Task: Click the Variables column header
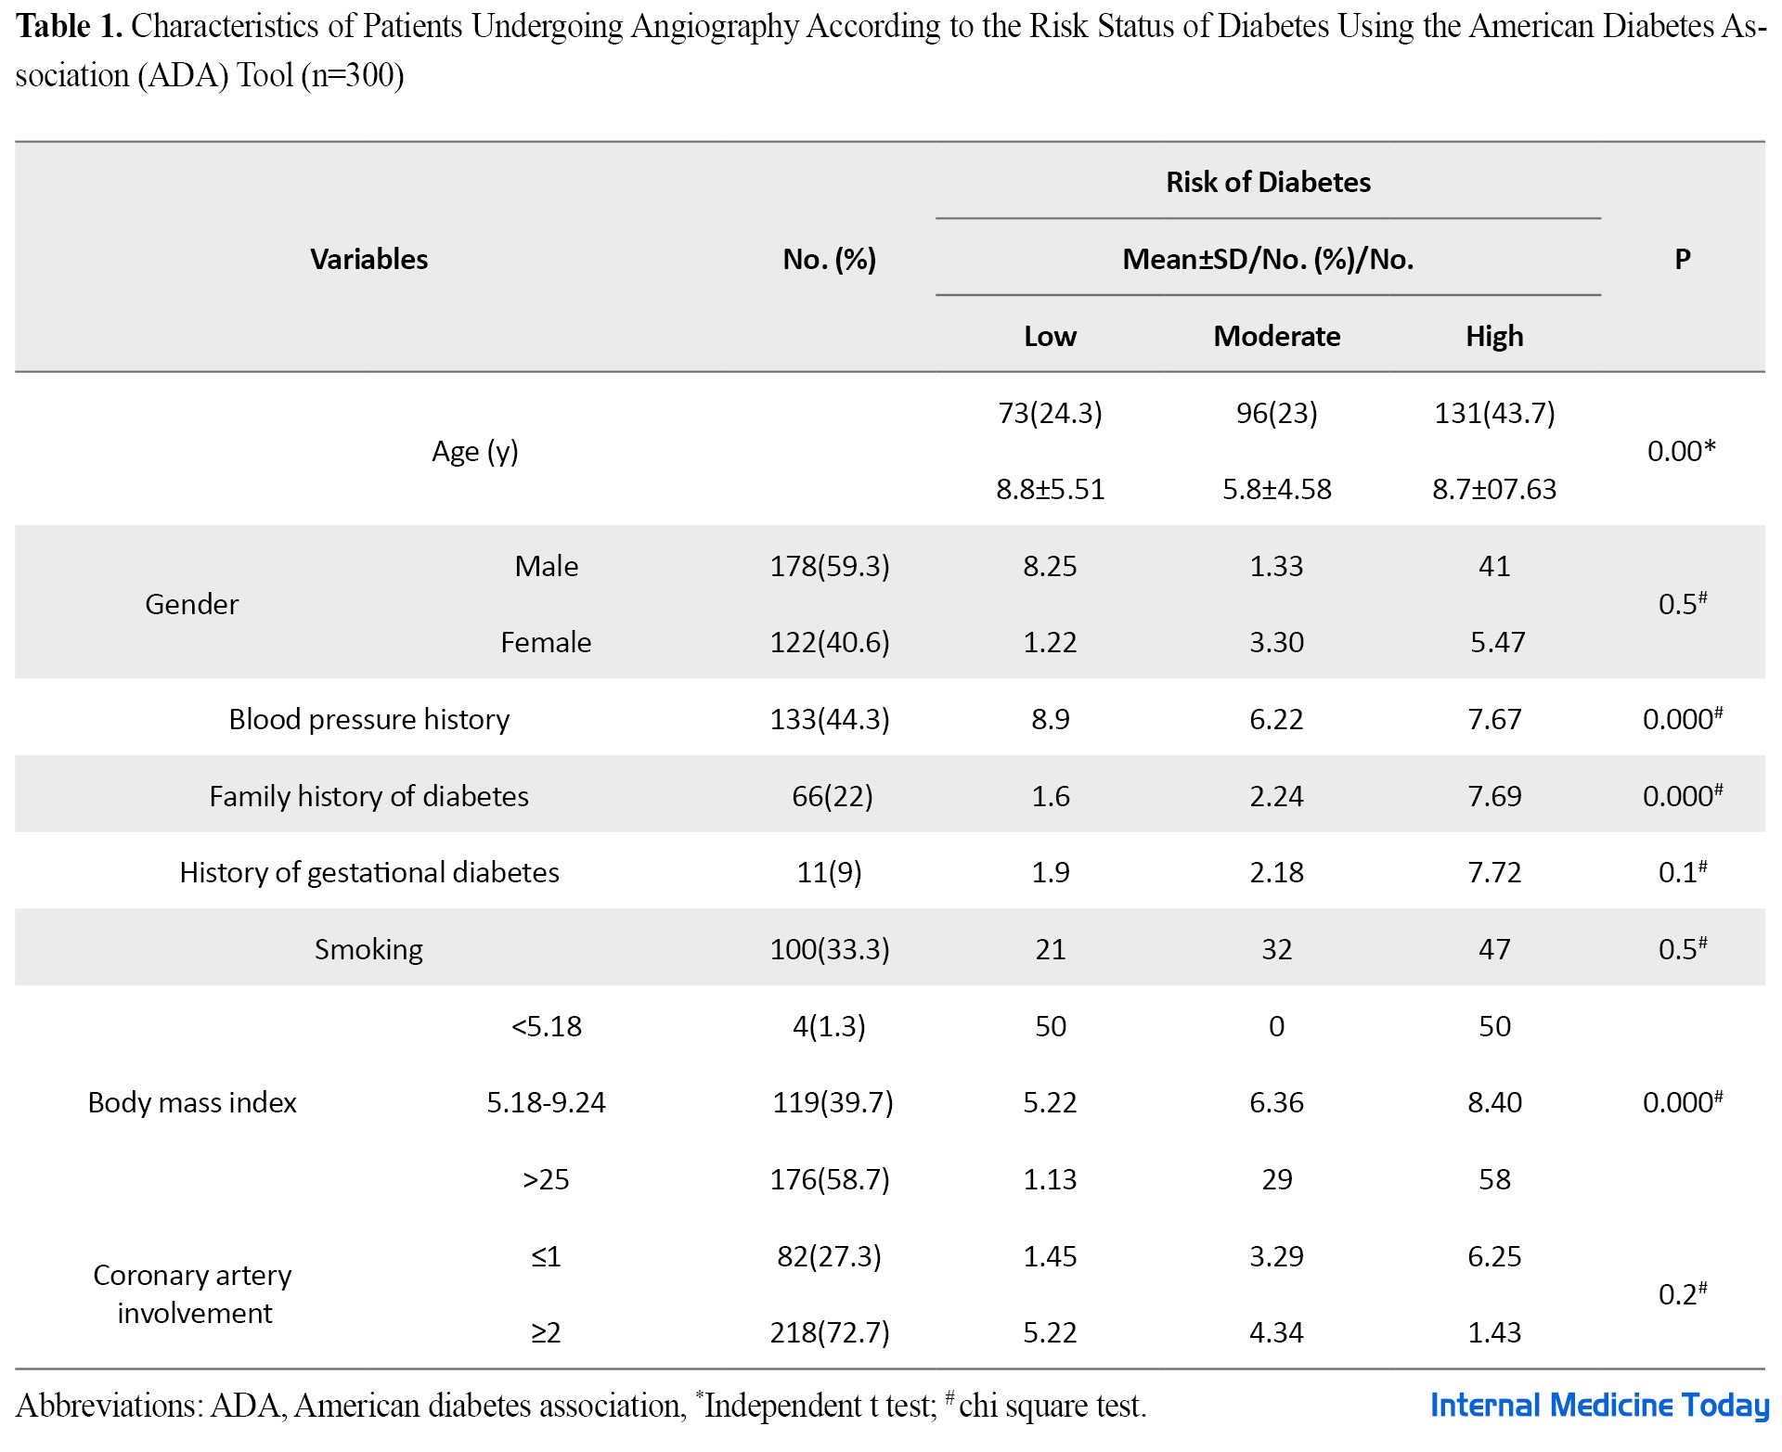point(368,259)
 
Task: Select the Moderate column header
point(1277,336)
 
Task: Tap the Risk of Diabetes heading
point(1268,182)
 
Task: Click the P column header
point(1682,259)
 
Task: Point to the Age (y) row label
point(475,452)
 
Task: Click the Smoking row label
point(368,949)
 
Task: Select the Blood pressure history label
point(369,719)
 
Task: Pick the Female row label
point(546,642)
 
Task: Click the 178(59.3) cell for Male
point(830,566)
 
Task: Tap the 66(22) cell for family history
point(833,796)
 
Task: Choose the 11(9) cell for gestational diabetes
point(830,872)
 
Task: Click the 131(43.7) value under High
point(1494,413)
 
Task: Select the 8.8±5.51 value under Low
point(1051,489)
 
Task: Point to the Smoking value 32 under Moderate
point(1277,949)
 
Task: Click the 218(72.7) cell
point(830,1332)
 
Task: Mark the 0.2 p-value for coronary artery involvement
point(1682,1293)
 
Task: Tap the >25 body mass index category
point(546,1179)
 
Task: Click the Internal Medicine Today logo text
point(1599,1406)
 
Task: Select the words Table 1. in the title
point(70,26)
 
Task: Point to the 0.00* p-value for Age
point(1681,451)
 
